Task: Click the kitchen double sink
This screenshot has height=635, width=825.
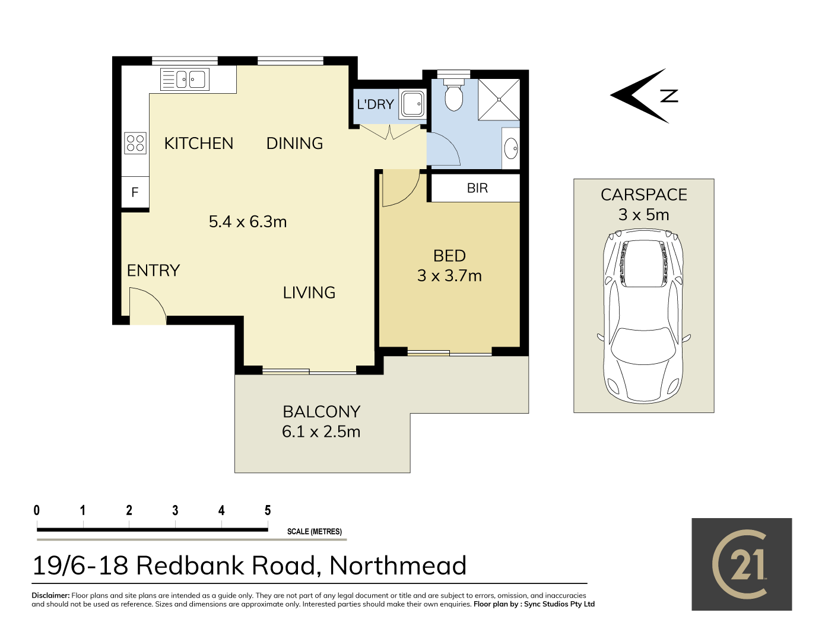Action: (x=185, y=80)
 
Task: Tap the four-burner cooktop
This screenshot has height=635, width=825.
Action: (x=135, y=143)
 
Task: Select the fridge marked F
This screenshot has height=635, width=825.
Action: (x=135, y=192)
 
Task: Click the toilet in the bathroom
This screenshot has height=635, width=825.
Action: (x=453, y=95)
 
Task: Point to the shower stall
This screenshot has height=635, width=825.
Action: (x=499, y=100)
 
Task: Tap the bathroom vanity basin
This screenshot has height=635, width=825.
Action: (x=510, y=148)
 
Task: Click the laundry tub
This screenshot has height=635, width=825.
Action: (x=412, y=103)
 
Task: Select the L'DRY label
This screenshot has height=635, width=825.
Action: (x=375, y=104)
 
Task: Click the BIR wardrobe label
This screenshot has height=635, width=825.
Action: (x=477, y=188)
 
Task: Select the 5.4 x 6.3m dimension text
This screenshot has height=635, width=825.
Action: (x=247, y=222)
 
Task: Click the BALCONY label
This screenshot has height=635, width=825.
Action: (x=321, y=412)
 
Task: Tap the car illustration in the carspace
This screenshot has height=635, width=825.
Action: (x=643, y=316)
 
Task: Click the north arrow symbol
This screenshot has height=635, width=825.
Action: (x=645, y=96)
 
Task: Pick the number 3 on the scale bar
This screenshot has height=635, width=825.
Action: (x=175, y=510)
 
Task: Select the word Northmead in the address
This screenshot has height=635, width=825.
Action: (x=398, y=566)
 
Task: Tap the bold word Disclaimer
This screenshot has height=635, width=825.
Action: (x=50, y=595)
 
